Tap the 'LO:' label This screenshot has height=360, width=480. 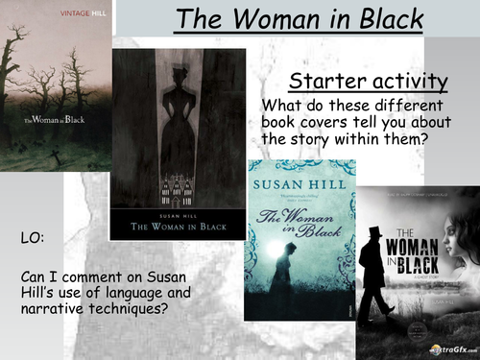(32, 235)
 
